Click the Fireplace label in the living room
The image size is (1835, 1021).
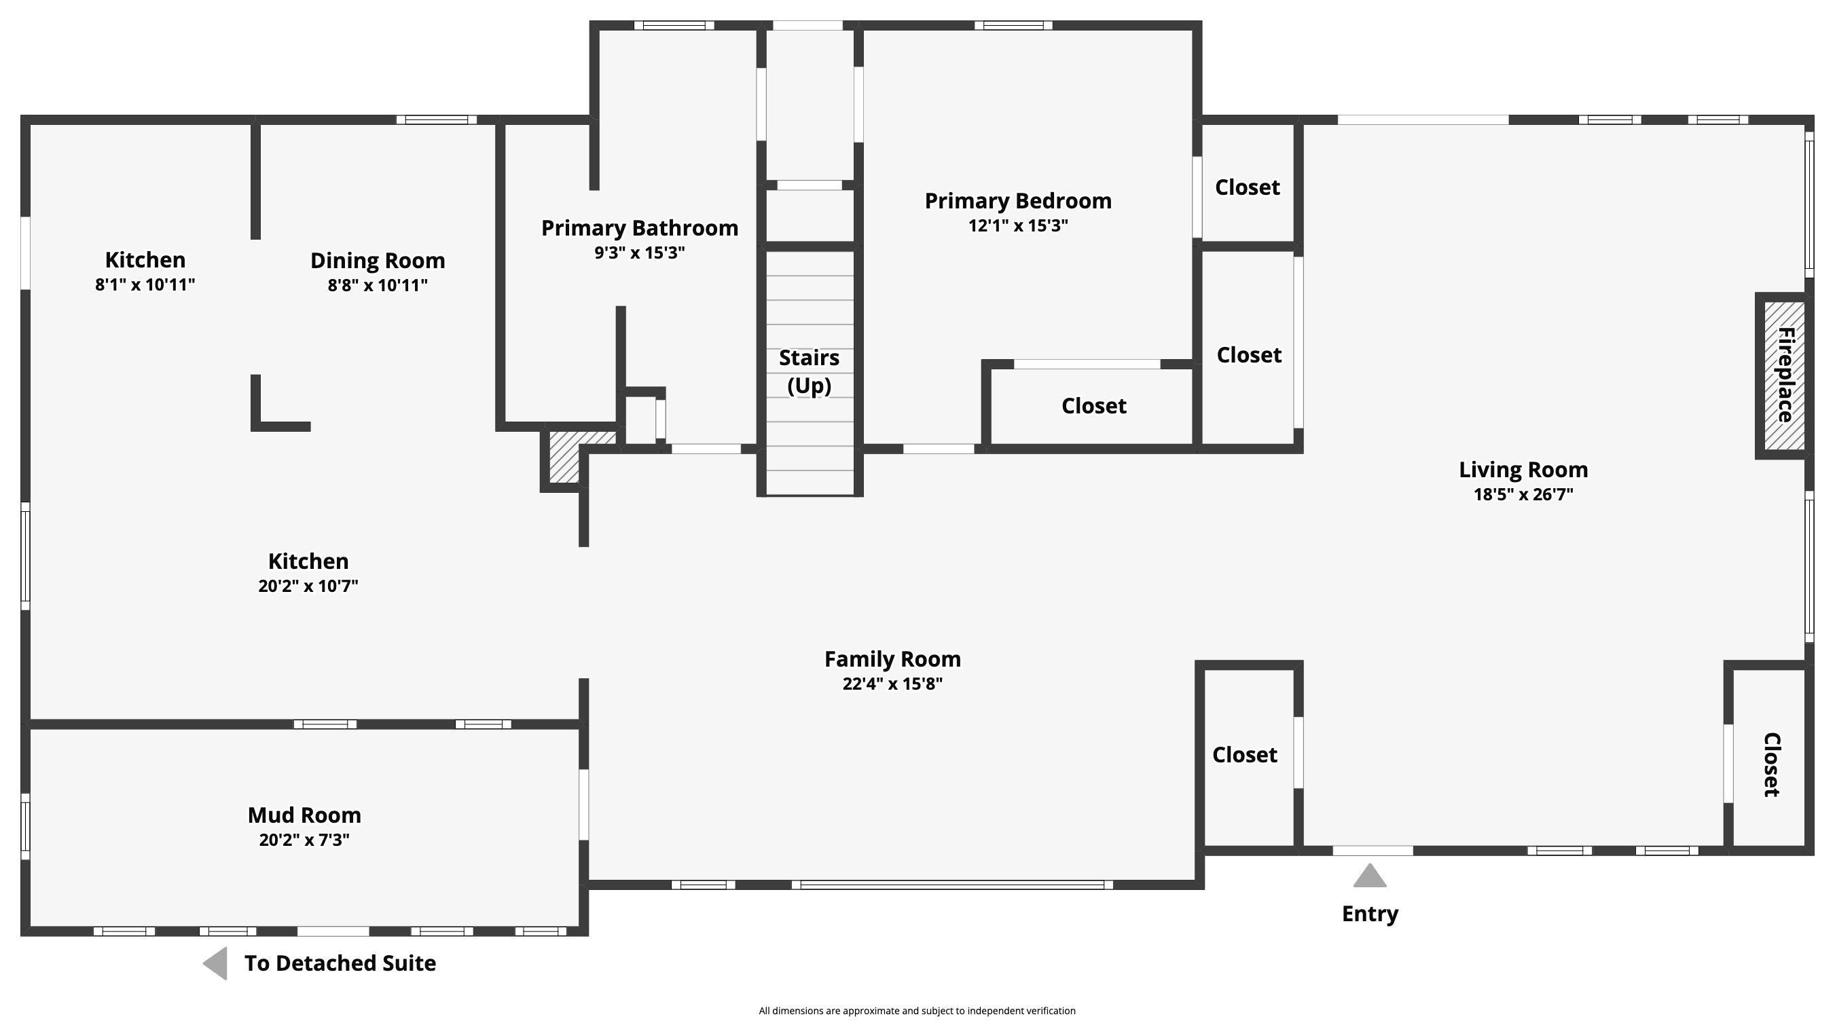tap(1785, 375)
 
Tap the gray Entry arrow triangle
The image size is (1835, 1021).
tap(1370, 876)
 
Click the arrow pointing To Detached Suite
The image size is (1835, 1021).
tap(215, 963)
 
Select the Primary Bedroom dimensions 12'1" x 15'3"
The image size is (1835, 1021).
tap(1018, 225)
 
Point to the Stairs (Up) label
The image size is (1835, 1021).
tap(810, 371)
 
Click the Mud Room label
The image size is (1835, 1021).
tap(304, 815)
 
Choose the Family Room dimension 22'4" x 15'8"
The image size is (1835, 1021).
tap(892, 684)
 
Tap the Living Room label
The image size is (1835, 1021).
tap(1523, 470)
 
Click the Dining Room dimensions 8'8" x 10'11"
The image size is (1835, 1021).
tap(378, 286)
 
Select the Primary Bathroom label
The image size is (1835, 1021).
tap(640, 228)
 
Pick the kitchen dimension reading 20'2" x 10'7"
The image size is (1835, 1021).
tap(308, 586)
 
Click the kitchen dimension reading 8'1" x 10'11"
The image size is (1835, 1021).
tap(145, 285)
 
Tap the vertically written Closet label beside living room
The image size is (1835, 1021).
tap(1772, 764)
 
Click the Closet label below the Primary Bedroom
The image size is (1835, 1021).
tap(1094, 406)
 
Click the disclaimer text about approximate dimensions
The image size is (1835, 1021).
tap(917, 1010)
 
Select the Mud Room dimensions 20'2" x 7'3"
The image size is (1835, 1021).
tap(304, 840)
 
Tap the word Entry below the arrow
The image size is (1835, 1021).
tap(1370, 914)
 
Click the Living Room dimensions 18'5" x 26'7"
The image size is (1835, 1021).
tap(1523, 494)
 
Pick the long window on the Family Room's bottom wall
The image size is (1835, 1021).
tap(952, 885)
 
